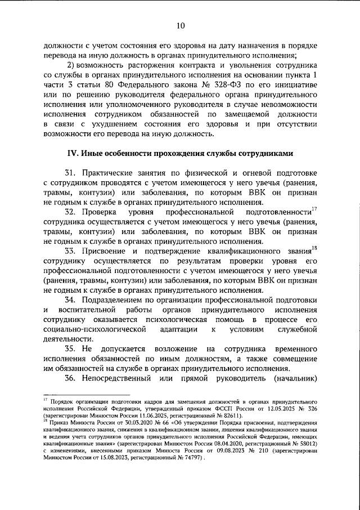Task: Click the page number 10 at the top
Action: pos(180,24)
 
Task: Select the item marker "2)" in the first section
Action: pos(71,65)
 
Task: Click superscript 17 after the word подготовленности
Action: pos(314,210)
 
